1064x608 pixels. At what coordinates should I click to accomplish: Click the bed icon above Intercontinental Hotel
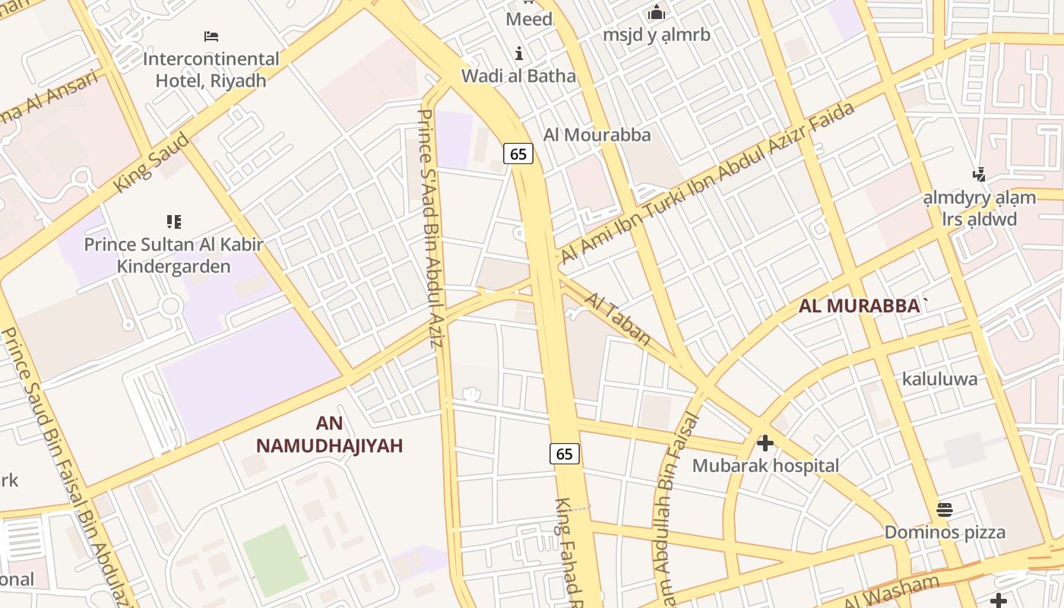(x=211, y=36)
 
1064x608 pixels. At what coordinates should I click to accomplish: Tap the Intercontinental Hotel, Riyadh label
(x=211, y=69)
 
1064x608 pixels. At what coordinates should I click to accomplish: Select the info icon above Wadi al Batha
(x=519, y=53)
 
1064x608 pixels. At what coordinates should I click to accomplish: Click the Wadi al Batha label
(x=519, y=76)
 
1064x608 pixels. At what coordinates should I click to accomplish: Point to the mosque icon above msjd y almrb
(x=656, y=12)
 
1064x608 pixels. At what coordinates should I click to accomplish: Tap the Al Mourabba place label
(x=597, y=135)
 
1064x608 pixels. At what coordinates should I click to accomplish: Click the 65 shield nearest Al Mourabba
(x=518, y=154)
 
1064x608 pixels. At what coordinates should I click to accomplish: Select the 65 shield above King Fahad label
(x=564, y=454)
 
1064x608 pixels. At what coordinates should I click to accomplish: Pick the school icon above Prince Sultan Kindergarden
(x=174, y=222)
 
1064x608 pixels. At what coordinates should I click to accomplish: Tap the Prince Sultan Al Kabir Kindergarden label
(x=173, y=255)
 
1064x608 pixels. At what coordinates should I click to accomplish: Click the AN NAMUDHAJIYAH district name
(x=329, y=435)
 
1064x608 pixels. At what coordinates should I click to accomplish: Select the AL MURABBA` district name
(x=864, y=306)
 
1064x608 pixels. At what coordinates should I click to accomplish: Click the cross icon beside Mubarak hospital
(x=765, y=442)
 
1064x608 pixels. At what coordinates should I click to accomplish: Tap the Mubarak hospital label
(x=765, y=465)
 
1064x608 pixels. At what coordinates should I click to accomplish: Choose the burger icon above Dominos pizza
(x=945, y=509)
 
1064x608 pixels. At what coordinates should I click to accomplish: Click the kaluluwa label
(x=939, y=378)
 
